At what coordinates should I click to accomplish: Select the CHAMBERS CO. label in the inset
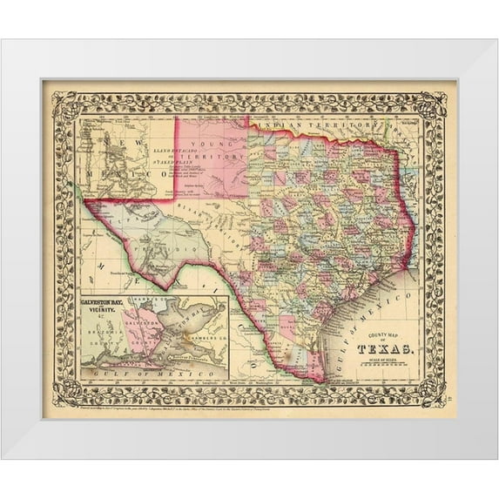199,339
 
